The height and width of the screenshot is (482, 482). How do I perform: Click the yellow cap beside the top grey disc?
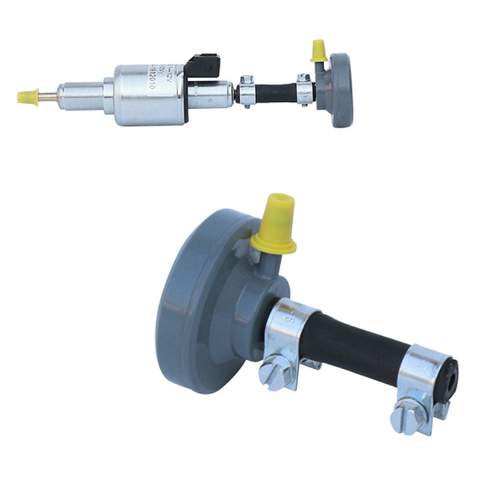tap(319, 51)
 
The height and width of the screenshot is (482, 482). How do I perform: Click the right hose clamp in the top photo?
tap(304, 90)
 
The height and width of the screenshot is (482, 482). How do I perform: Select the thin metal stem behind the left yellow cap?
tap(48, 96)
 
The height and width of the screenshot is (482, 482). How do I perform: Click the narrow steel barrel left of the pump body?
tap(81, 95)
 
